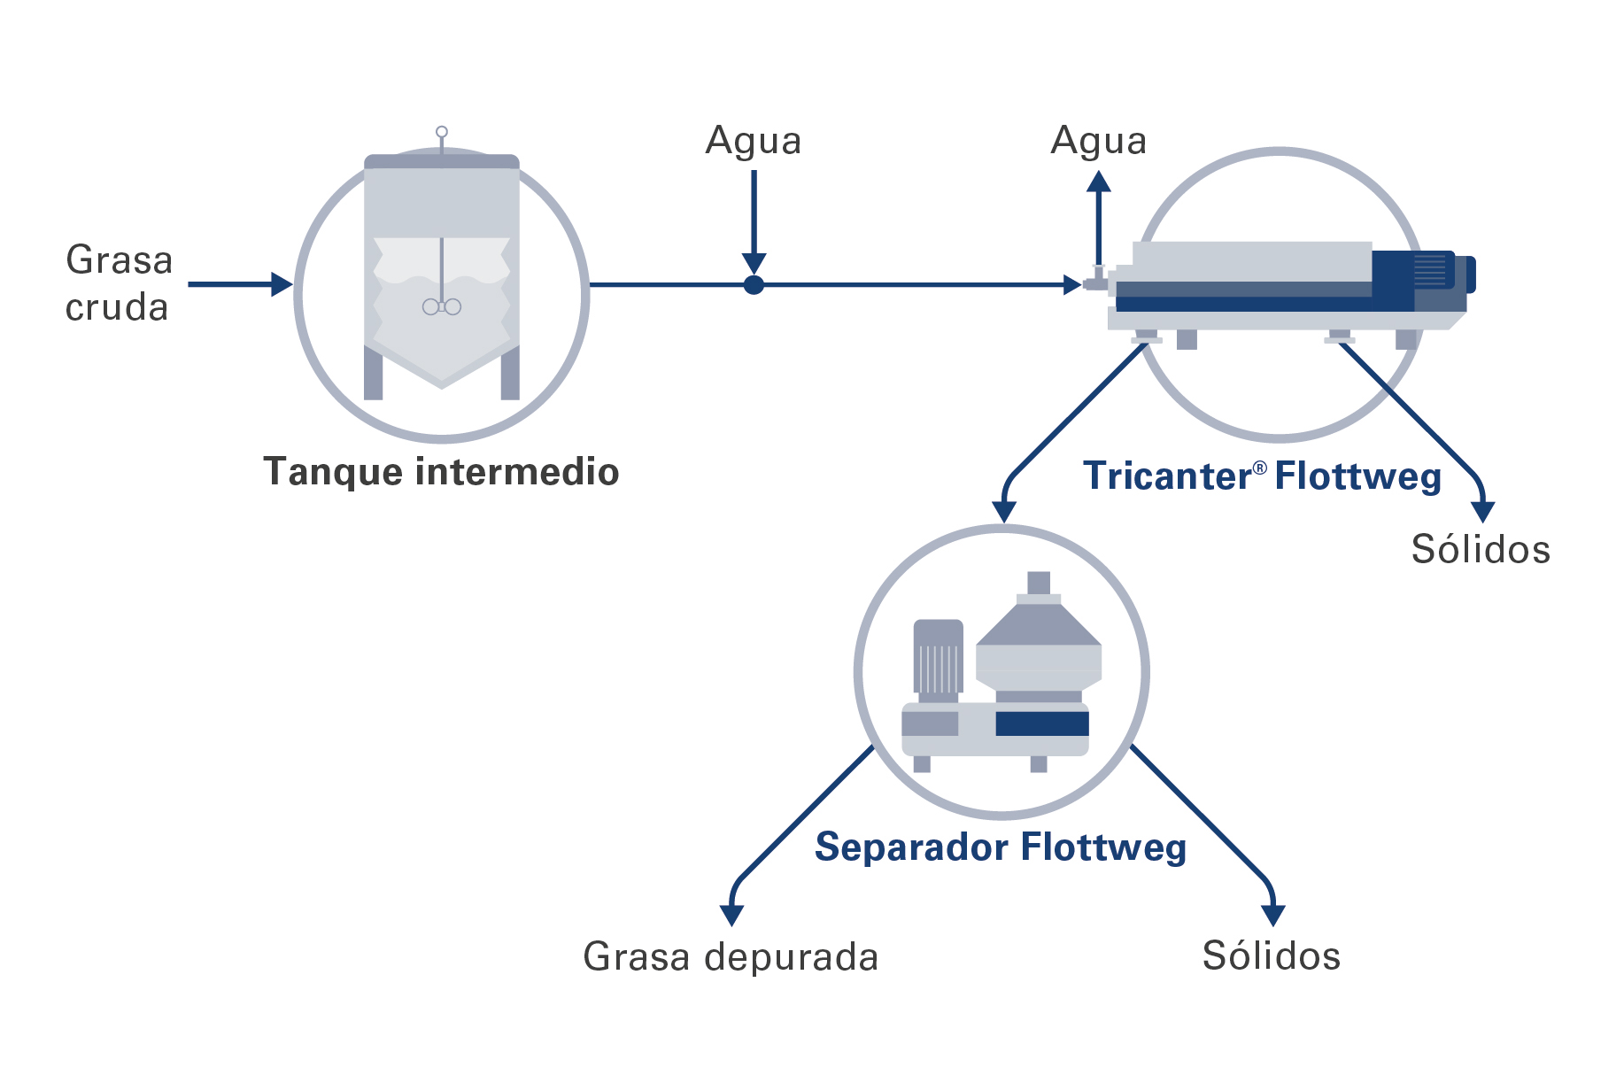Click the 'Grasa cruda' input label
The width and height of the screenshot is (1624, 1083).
118,283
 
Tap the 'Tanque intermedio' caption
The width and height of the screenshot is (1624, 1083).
441,471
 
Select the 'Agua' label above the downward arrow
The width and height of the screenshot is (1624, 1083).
754,141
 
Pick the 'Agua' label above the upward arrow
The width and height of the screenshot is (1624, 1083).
1098,141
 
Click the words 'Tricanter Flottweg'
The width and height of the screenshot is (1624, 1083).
1262,476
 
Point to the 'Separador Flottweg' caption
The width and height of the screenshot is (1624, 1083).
1001,847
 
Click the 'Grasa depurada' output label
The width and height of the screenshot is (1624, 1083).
731,956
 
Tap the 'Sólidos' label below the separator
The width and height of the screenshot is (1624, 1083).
1272,956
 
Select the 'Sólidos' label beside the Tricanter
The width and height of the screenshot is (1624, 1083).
1481,549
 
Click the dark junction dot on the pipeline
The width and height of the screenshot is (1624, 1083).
754,285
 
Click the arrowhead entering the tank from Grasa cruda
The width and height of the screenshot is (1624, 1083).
282,284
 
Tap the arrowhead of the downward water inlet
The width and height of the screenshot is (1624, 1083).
754,263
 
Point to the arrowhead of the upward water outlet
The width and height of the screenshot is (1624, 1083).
1099,182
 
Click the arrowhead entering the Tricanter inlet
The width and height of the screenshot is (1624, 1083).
1071,285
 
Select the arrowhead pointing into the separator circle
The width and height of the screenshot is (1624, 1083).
1003,512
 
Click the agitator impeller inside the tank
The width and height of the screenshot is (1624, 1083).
442,306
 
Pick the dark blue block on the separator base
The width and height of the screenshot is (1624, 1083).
1041,723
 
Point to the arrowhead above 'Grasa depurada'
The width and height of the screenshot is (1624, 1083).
731,915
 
